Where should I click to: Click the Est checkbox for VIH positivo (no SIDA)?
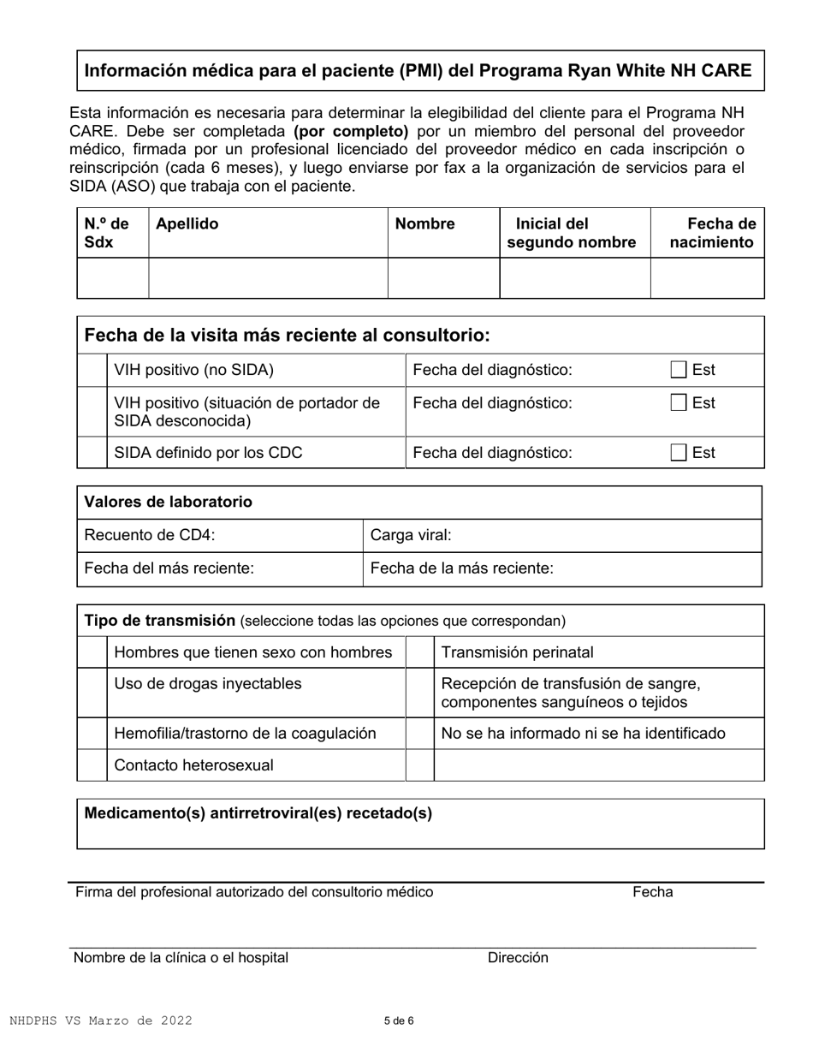[x=678, y=371]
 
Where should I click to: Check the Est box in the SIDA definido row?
[x=678, y=453]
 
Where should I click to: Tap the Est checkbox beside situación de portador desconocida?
[x=678, y=403]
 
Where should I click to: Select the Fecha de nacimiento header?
[x=712, y=233]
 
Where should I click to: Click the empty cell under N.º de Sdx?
[x=113, y=278]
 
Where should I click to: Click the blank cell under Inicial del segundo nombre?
[x=574, y=278]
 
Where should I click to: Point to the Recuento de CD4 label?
[x=150, y=536]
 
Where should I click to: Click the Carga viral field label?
[x=411, y=536]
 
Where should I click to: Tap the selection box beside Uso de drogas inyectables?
[x=92, y=693]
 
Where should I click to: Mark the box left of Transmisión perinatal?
[x=419, y=652]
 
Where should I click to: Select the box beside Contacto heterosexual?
[x=92, y=765]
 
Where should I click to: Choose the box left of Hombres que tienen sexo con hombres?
[x=92, y=652]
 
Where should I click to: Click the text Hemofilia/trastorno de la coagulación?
[x=245, y=734]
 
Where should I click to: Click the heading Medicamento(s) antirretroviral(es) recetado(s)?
[x=258, y=814]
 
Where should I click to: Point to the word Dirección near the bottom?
[x=518, y=958]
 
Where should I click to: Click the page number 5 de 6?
[x=399, y=1020]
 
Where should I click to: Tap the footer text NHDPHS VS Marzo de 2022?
[x=101, y=1020]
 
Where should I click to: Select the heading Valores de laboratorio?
[x=168, y=503]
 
